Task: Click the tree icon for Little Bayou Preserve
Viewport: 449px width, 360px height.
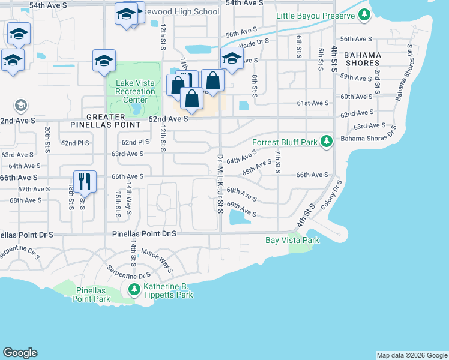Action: tap(364, 16)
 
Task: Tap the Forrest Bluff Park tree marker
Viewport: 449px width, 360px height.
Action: tap(326, 142)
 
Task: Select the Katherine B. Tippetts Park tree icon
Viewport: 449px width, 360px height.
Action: tap(134, 290)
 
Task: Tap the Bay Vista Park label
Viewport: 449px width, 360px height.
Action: tap(292, 240)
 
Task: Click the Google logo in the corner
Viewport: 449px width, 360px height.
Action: tap(20, 353)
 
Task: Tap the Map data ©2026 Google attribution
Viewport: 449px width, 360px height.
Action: tap(411, 355)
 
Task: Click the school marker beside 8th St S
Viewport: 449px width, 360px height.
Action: tap(232, 59)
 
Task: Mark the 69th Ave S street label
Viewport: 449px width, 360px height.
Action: tap(241, 210)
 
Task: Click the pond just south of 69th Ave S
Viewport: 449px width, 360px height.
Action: tap(240, 220)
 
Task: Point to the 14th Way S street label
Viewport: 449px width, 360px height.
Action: tap(130, 200)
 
